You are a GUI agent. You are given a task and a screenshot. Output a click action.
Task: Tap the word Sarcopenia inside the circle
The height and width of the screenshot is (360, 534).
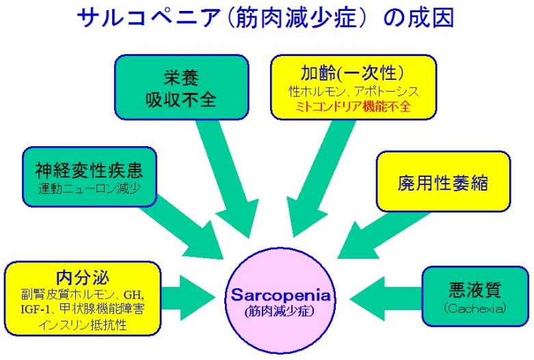(x=280, y=295)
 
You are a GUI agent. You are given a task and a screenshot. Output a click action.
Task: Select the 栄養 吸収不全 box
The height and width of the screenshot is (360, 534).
(x=181, y=87)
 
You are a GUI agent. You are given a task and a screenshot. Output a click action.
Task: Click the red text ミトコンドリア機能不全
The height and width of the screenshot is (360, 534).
(x=353, y=107)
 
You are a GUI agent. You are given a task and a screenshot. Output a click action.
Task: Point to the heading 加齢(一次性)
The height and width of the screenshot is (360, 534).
(x=353, y=72)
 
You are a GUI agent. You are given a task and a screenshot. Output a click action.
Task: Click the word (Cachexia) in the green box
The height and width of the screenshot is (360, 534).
(x=475, y=308)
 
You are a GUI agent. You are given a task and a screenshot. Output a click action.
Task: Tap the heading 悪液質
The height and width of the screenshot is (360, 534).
(x=475, y=290)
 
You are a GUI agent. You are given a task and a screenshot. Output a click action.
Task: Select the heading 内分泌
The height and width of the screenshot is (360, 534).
(x=83, y=277)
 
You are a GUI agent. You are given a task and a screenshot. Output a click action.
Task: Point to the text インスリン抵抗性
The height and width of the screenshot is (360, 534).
(x=83, y=324)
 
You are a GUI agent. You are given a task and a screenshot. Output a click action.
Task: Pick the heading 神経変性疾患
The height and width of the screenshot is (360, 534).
(x=89, y=171)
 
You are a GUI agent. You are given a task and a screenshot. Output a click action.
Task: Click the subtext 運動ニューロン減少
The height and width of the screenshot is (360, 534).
(x=89, y=188)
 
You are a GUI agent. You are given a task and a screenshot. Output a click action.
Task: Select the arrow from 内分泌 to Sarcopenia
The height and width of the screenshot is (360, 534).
(x=188, y=298)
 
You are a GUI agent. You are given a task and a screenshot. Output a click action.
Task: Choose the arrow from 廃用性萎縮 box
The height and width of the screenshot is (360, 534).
(x=382, y=236)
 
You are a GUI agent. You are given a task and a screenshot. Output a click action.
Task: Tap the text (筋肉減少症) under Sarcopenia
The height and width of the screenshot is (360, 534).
(x=280, y=311)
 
